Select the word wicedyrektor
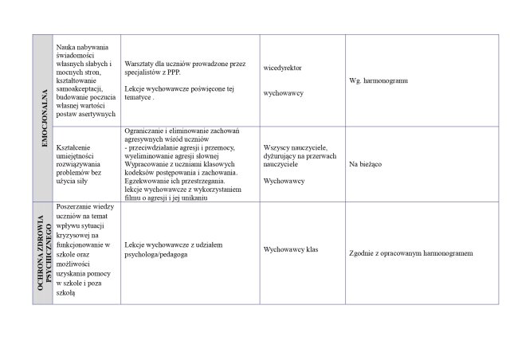(x=281, y=68)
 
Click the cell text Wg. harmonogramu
(x=379, y=81)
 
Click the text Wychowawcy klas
(x=290, y=249)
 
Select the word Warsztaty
(x=141, y=61)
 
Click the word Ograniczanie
(x=148, y=131)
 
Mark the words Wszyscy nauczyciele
(x=294, y=147)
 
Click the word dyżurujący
(x=281, y=156)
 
